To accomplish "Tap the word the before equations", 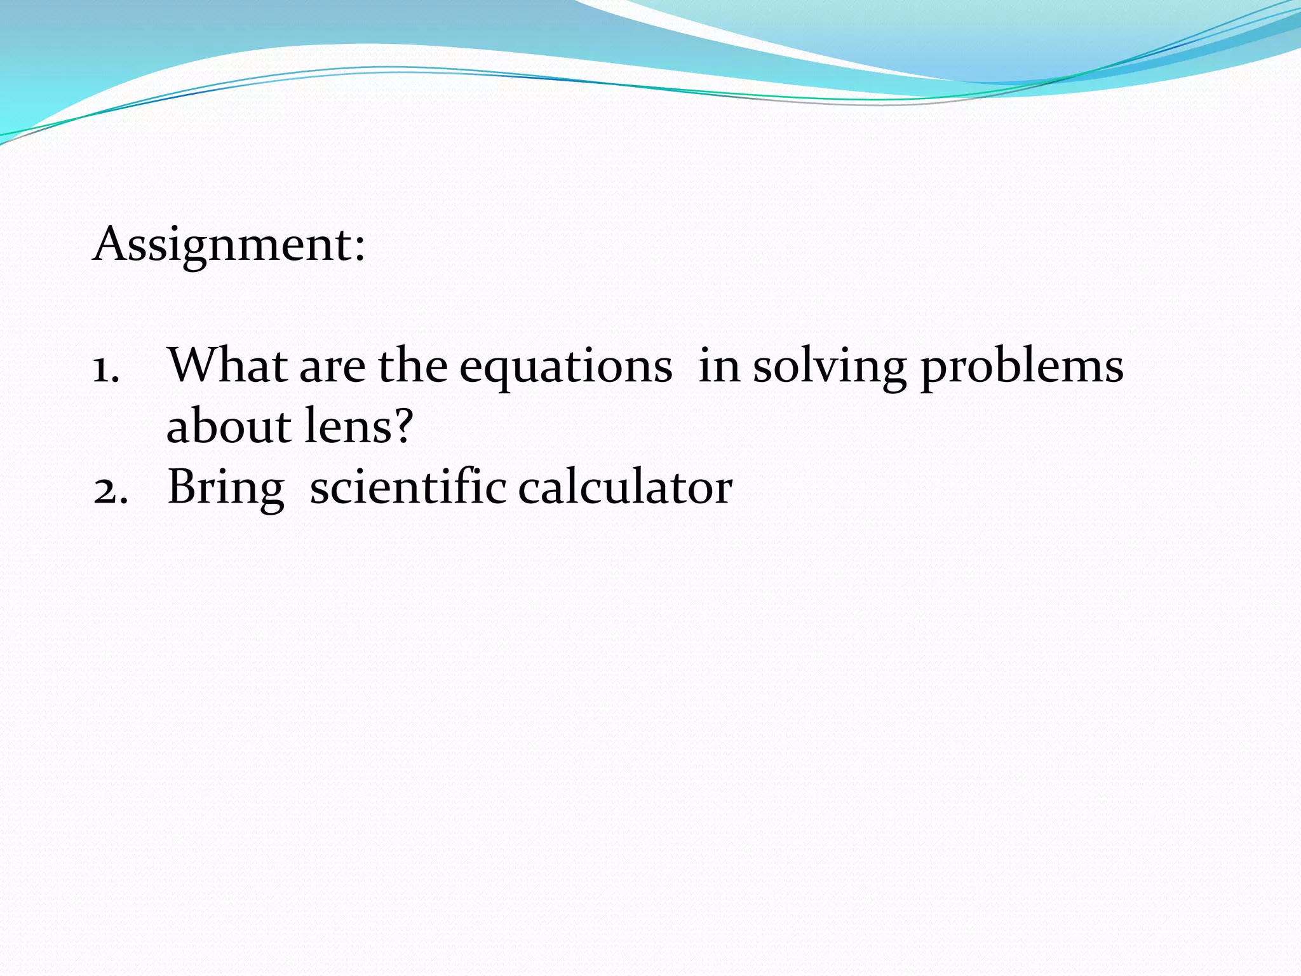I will pyautogui.click(x=412, y=367).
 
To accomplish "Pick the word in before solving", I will pyautogui.click(x=719, y=367).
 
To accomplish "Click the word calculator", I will pyautogui.click(x=625, y=488).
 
